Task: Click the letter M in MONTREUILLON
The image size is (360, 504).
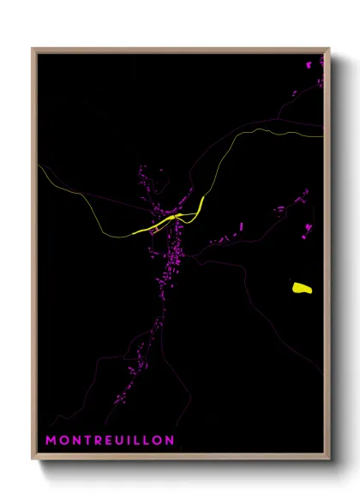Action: coord(51,441)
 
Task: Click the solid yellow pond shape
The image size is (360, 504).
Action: coord(302,288)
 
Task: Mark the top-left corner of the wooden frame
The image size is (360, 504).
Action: coord(33,49)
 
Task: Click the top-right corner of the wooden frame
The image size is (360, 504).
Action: coord(329,49)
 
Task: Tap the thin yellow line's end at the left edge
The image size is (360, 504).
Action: coord(39,165)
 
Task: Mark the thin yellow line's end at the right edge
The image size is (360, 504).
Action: coord(323,135)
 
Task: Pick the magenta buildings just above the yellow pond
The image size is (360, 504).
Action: coord(307,227)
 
